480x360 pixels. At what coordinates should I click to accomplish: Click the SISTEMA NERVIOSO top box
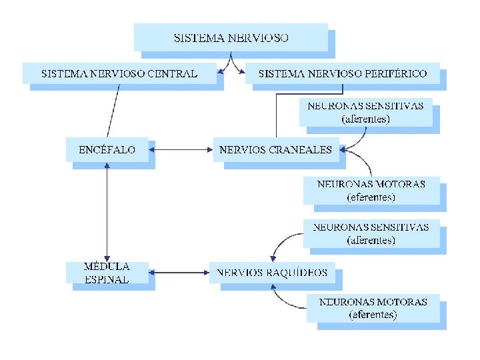pyautogui.click(x=231, y=37)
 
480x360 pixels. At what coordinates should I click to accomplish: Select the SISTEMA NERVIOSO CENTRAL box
pyautogui.click(x=119, y=73)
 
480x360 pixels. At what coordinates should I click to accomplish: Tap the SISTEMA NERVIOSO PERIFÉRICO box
pyautogui.click(x=343, y=73)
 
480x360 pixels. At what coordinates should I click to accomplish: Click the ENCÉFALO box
pyautogui.click(x=107, y=150)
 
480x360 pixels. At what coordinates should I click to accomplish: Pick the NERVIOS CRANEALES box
pyautogui.click(x=275, y=150)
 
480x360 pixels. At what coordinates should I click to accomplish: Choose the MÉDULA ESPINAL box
pyautogui.click(x=107, y=273)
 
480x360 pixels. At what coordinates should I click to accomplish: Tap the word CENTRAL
pyautogui.click(x=172, y=73)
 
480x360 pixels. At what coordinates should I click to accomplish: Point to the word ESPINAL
pyautogui.click(x=107, y=280)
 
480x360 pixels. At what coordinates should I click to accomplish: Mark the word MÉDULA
pyautogui.click(x=107, y=266)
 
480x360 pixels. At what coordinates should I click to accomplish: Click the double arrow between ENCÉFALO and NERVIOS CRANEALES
pyautogui.click(x=181, y=150)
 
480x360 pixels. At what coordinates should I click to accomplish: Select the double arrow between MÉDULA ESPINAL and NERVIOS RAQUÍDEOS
pyautogui.click(x=179, y=272)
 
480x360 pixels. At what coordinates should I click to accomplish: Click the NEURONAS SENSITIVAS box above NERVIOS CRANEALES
pyautogui.click(x=365, y=112)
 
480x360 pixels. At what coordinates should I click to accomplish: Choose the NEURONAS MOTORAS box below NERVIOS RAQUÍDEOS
pyautogui.click(x=373, y=308)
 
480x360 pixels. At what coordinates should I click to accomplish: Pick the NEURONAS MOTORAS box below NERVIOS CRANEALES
pyautogui.click(x=371, y=191)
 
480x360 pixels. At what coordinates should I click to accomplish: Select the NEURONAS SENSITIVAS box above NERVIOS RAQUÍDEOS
pyautogui.click(x=371, y=233)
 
